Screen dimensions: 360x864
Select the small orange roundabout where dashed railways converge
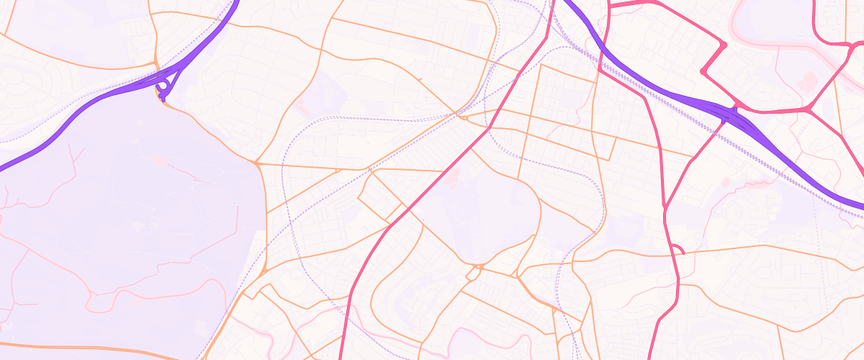point(464,117)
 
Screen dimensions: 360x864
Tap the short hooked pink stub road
point(678,248)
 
